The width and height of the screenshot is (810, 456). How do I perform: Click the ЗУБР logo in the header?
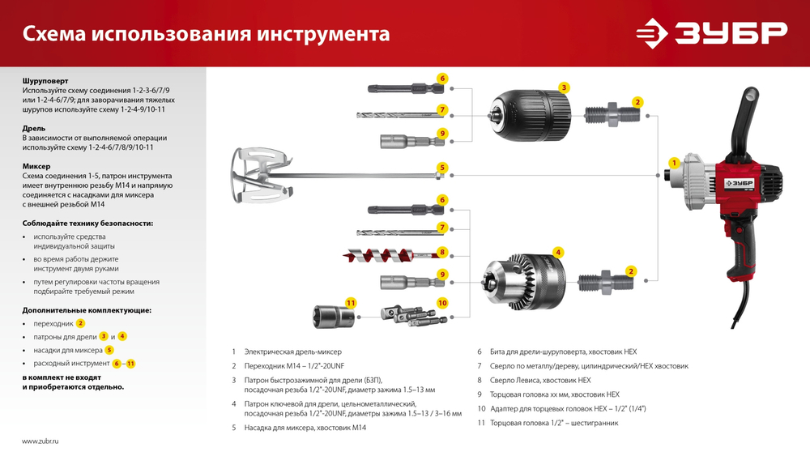point(710,33)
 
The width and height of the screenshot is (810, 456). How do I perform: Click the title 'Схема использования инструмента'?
point(206,35)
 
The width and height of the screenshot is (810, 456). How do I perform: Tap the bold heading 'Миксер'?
point(36,166)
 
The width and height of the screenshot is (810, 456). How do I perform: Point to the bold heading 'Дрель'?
point(34,128)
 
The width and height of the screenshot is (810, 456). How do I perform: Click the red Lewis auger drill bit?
point(389,254)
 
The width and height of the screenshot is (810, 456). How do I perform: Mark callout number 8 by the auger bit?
point(442,252)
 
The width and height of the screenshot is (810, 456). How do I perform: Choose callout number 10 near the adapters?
point(442,302)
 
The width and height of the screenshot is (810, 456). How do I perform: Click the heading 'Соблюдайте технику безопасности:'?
point(87,223)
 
